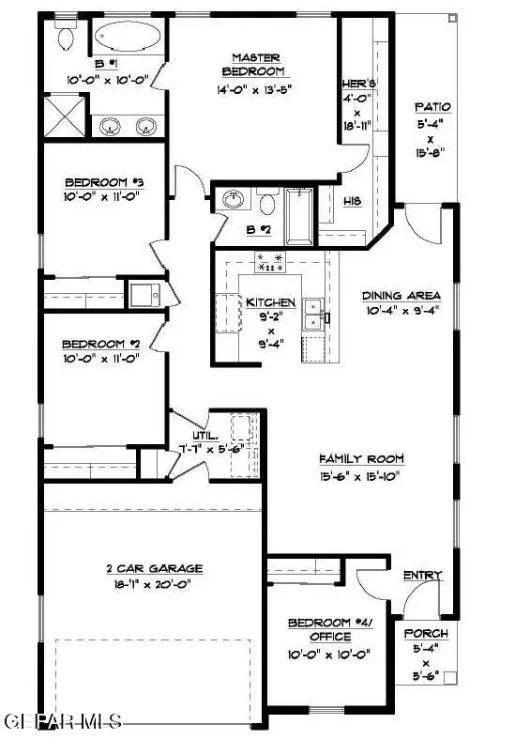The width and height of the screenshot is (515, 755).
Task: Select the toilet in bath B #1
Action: (x=65, y=36)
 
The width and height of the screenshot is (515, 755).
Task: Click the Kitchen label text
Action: (x=271, y=302)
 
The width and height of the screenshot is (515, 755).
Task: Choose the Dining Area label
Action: (x=401, y=295)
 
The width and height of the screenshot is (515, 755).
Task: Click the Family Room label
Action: (x=361, y=458)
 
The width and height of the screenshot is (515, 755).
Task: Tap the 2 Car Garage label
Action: (x=154, y=568)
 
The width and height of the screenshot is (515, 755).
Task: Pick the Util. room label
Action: (x=205, y=436)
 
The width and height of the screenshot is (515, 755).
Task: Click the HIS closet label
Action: (x=352, y=201)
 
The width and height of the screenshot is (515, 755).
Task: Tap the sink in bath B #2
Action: (x=234, y=201)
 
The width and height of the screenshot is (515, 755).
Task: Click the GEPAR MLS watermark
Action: (x=63, y=722)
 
